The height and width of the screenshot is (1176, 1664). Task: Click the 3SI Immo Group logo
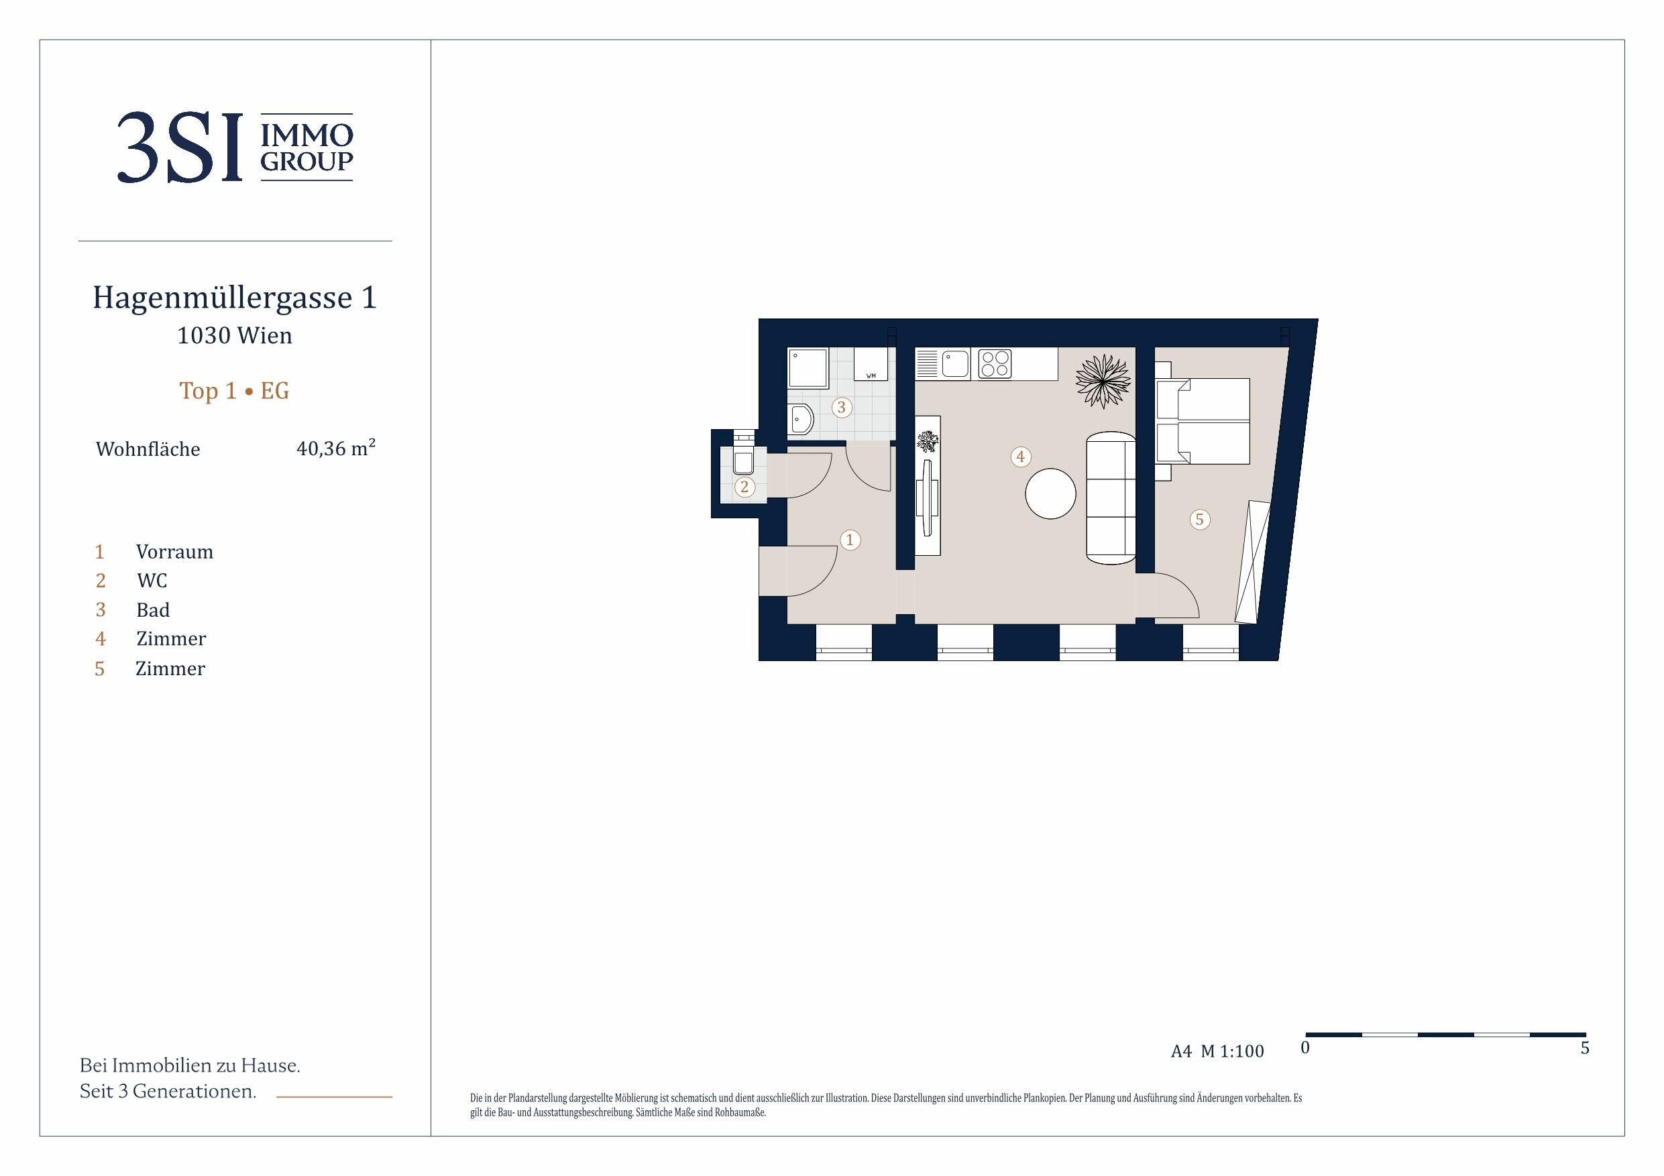pos(235,147)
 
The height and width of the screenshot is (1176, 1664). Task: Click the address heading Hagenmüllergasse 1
pos(235,297)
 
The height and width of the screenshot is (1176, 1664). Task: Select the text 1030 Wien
pos(235,335)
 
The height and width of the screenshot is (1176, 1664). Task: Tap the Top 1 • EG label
pos(234,391)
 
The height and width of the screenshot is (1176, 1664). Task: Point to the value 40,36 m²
pos(335,448)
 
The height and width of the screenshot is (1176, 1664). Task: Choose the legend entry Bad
pos(153,610)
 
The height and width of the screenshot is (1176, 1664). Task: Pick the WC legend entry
pos(152,581)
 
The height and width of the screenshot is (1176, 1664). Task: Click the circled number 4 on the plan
pos(1020,457)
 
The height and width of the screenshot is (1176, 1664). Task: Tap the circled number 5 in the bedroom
pos(1199,520)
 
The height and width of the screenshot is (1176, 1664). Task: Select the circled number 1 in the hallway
pos(850,540)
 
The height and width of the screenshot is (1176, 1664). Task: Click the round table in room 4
pos(1050,493)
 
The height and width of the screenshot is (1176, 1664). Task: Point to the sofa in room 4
pos(1110,497)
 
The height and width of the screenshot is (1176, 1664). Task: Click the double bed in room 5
pos(1203,421)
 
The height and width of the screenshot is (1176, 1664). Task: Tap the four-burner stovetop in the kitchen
pos(995,364)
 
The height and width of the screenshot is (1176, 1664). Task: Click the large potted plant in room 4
pos(1103,380)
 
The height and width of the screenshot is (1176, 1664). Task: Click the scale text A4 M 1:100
pos(1217,1051)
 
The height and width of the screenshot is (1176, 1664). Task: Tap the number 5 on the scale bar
pos(1585,1048)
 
